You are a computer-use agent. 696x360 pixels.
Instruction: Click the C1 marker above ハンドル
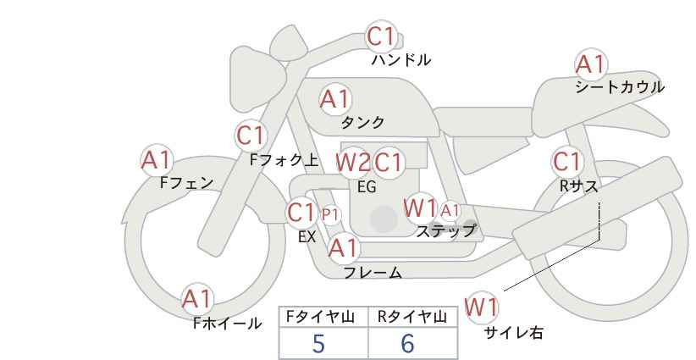[381, 36]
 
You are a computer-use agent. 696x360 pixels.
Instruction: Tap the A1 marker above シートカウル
[591, 64]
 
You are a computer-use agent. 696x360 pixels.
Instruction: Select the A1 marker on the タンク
[335, 99]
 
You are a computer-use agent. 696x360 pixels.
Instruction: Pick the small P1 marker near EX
[330, 215]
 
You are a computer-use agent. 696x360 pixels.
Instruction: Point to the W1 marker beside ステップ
[420, 208]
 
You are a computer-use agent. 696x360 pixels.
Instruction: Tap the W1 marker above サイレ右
[481, 307]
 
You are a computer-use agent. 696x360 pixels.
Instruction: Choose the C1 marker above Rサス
[566, 162]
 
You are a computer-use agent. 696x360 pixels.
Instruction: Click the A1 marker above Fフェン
[157, 160]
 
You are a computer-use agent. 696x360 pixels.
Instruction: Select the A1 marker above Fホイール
[197, 299]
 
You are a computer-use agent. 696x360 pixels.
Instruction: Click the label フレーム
[373, 272]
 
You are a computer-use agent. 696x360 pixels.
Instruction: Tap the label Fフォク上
[284, 160]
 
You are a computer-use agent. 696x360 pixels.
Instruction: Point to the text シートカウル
[620, 87]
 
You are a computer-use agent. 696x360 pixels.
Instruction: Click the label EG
[367, 187]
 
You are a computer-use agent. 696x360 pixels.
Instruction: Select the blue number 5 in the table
[318, 343]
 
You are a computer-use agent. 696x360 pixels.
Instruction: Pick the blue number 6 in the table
[407, 343]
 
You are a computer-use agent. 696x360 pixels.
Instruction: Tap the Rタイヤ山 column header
[412, 317]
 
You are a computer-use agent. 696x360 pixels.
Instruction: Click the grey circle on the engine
[384, 219]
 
